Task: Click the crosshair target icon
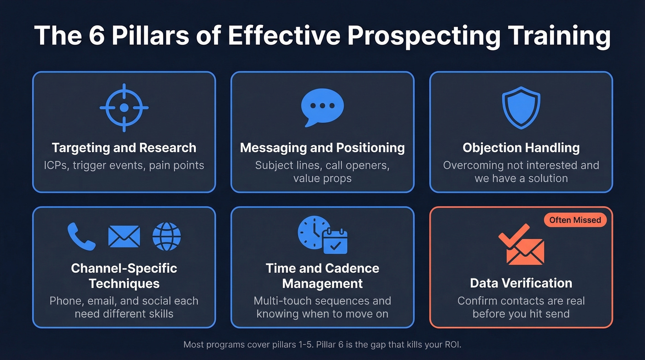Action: pyautogui.click(x=124, y=108)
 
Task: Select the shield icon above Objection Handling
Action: pyautogui.click(x=521, y=108)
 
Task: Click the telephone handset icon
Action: pyautogui.click(x=82, y=236)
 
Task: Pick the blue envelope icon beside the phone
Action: pyautogui.click(x=124, y=236)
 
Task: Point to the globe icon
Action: pyautogui.click(x=166, y=236)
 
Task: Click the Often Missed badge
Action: pyautogui.click(x=575, y=220)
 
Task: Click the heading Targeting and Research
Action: pyautogui.click(x=124, y=148)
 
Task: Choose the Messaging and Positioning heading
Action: pyautogui.click(x=322, y=148)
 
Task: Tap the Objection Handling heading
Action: pyautogui.click(x=521, y=148)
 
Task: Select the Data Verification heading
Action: pyautogui.click(x=521, y=283)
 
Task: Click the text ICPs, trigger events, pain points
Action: pyautogui.click(x=124, y=165)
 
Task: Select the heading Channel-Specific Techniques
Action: pyautogui.click(x=124, y=276)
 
